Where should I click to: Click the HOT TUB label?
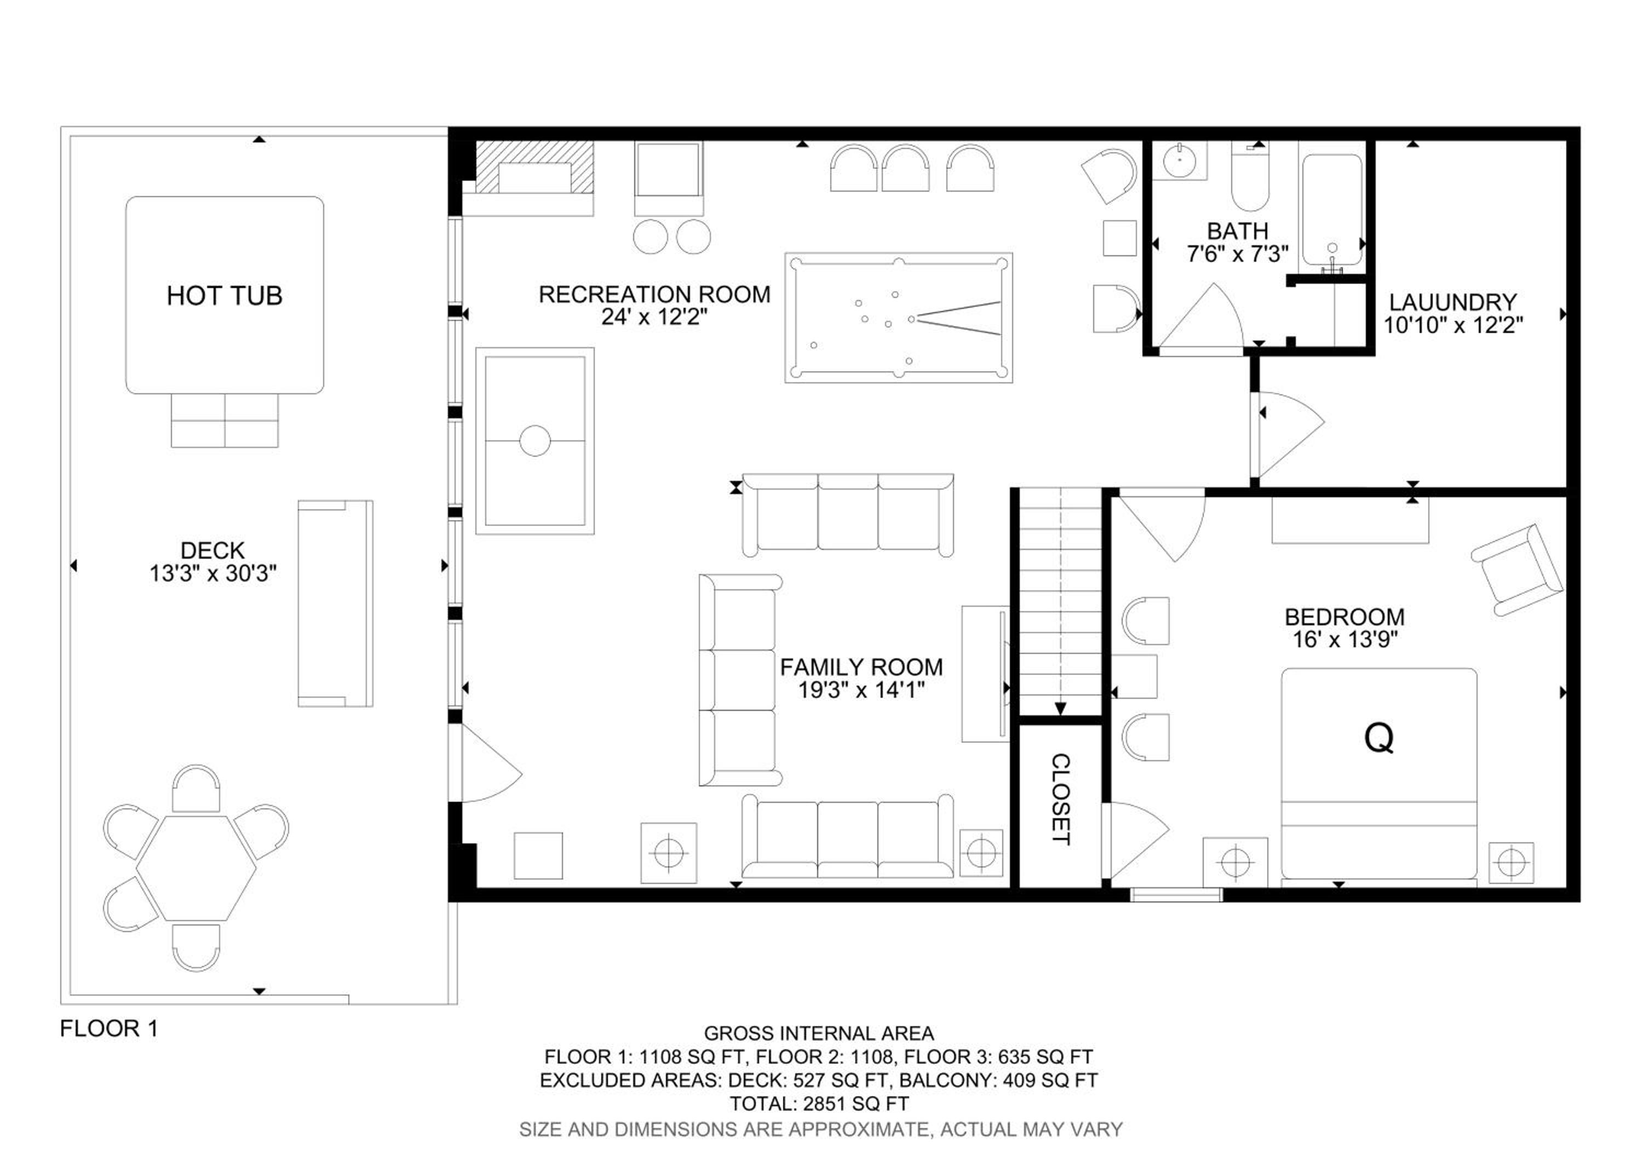click(224, 295)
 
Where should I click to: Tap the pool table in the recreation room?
click(898, 318)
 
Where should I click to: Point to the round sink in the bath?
click(1179, 162)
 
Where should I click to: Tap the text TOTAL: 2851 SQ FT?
click(819, 1104)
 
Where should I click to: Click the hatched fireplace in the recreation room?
click(535, 168)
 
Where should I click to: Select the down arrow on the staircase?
click(1060, 709)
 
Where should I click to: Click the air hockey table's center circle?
click(535, 441)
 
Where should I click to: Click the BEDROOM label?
click(1345, 617)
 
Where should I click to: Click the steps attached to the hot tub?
click(225, 421)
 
